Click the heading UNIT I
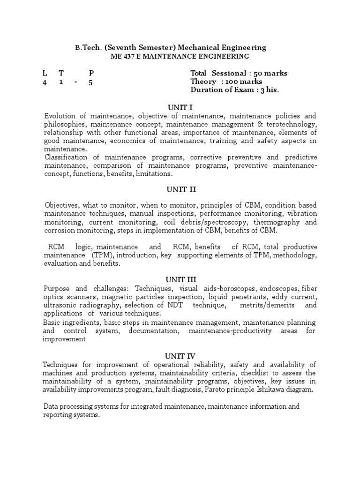(180, 107)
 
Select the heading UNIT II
(180, 189)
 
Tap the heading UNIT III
(180, 280)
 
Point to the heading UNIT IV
(180, 356)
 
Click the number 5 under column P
(91, 82)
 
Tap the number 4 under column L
(45, 82)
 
